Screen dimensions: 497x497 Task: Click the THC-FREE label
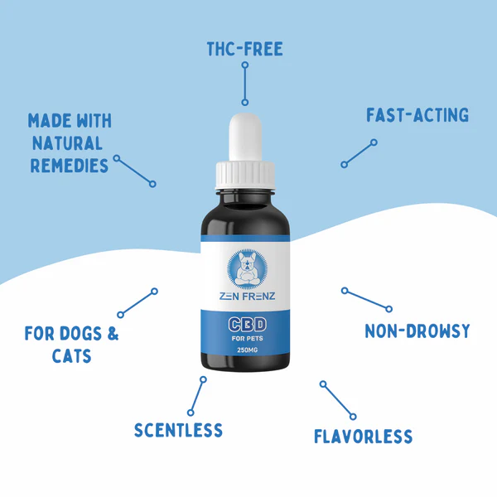[x=245, y=49]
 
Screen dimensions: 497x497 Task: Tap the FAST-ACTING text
[x=417, y=115]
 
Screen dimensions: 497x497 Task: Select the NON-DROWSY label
[x=417, y=331]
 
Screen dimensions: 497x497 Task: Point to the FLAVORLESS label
[x=363, y=437]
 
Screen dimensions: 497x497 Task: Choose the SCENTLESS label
[x=178, y=430]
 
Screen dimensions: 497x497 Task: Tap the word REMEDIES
[x=70, y=165]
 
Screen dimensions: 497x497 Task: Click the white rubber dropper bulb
[x=246, y=137]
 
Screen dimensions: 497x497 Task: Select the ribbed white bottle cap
[x=245, y=173]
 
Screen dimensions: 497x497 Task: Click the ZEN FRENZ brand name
[x=245, y=296]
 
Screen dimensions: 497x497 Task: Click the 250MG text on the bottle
[x=246, y=351]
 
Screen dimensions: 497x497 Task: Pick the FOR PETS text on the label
[x=245, y=338]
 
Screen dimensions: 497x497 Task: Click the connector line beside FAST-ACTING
[x=359, y=154]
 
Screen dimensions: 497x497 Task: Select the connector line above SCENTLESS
[x=197, y=396]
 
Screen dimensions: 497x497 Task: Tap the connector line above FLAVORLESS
[x=338, y=400]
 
